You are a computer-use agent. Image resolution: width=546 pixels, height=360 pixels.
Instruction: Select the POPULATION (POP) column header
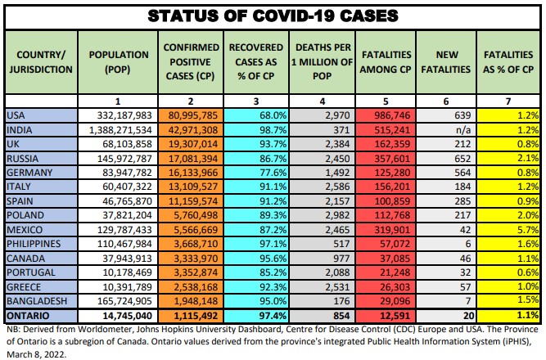[118, 62]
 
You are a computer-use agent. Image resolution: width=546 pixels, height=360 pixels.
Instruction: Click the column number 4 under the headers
[320, 101]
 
